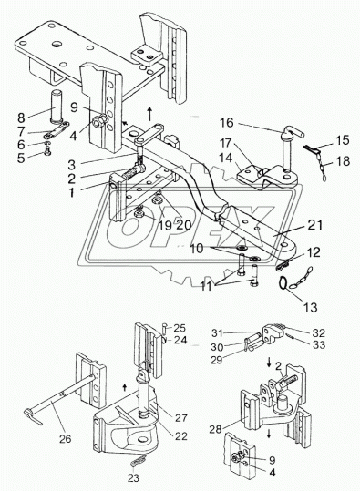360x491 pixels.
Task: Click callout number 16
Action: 226,122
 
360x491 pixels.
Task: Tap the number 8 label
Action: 21,118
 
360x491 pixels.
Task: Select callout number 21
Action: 314,225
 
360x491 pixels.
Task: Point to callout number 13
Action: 310,307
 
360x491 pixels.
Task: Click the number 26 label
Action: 66,438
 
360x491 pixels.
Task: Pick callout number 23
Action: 133,478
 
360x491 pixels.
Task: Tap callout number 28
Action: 216,429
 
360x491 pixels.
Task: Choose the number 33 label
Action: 319,344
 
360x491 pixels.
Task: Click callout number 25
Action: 180,328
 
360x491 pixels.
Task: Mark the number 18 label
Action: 343,161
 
